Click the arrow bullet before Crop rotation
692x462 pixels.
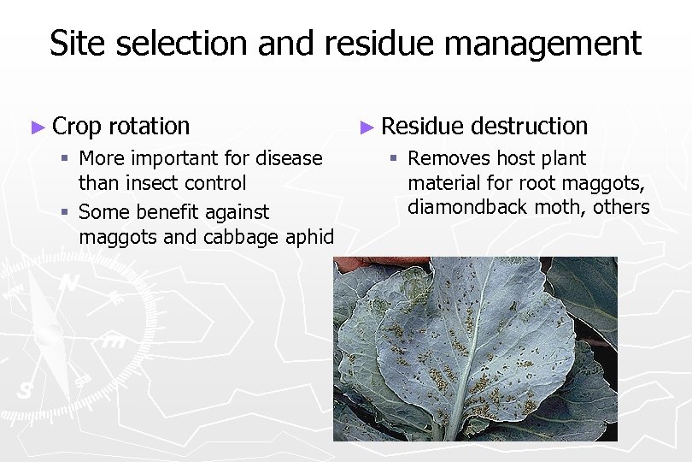(x=37, y=127)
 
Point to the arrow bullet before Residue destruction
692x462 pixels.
(x=367, y=127)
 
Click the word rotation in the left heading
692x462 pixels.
(x=150, y=127)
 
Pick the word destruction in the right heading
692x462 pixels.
(x=530, y=127)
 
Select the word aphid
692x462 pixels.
(x=311, y=237)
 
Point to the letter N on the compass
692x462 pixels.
(x=71, y=283)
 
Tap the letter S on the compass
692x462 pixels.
(x=25, y=391)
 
